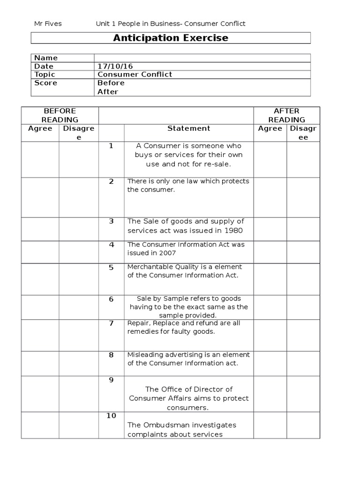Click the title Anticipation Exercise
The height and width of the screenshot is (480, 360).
(171, 38)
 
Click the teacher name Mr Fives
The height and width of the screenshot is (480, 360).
(48, 23)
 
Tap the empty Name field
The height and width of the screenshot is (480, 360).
(202, 58)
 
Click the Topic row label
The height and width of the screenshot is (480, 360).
(45, 75)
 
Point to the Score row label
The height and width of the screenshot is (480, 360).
(45, 83)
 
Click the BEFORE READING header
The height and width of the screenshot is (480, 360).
(60, 115)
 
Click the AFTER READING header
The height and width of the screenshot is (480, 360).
(286, 115)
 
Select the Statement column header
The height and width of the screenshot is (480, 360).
(189, 128)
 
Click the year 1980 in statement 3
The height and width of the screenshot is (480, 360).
(233, 230)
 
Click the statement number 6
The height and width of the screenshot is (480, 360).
(111, 299)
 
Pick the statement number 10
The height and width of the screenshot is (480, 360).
(111, 416)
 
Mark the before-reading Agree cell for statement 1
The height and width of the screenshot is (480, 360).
(40, 159)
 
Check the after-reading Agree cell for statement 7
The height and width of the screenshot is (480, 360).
(270, 335)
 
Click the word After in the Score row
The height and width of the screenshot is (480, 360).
(108, 92)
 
